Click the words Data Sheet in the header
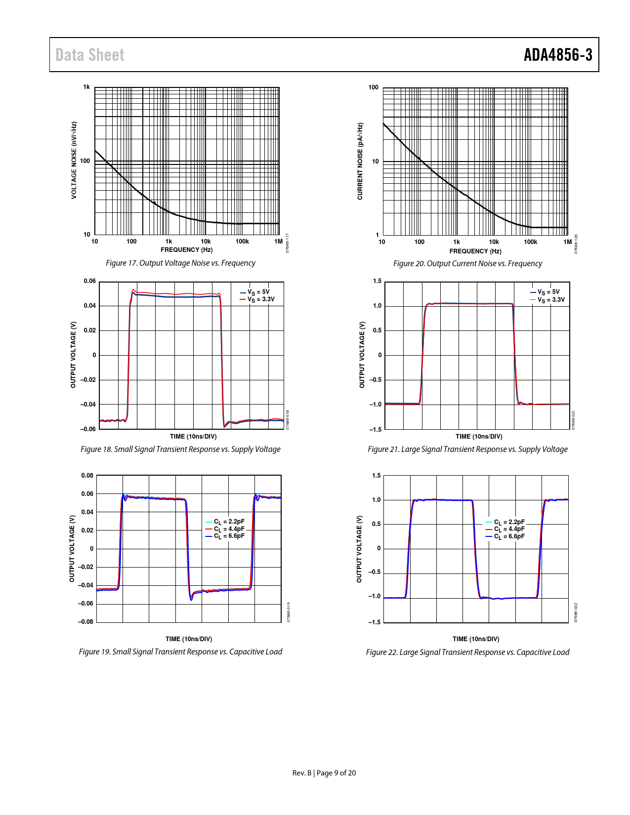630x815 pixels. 90,55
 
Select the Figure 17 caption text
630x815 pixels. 180,263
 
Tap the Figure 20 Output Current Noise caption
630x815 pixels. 467,264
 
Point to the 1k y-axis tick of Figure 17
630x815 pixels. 86,87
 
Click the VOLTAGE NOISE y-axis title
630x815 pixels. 74,161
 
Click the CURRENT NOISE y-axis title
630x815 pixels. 360,162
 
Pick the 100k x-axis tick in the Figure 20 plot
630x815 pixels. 530,242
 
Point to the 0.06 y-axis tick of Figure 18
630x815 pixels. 89,282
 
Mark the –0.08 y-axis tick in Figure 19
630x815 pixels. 85,622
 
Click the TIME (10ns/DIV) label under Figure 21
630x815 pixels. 479,437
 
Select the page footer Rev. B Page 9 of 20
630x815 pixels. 324,773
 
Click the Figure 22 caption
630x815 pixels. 467,652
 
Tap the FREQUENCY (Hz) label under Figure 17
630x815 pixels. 187,250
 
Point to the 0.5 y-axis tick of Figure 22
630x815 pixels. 376,524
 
